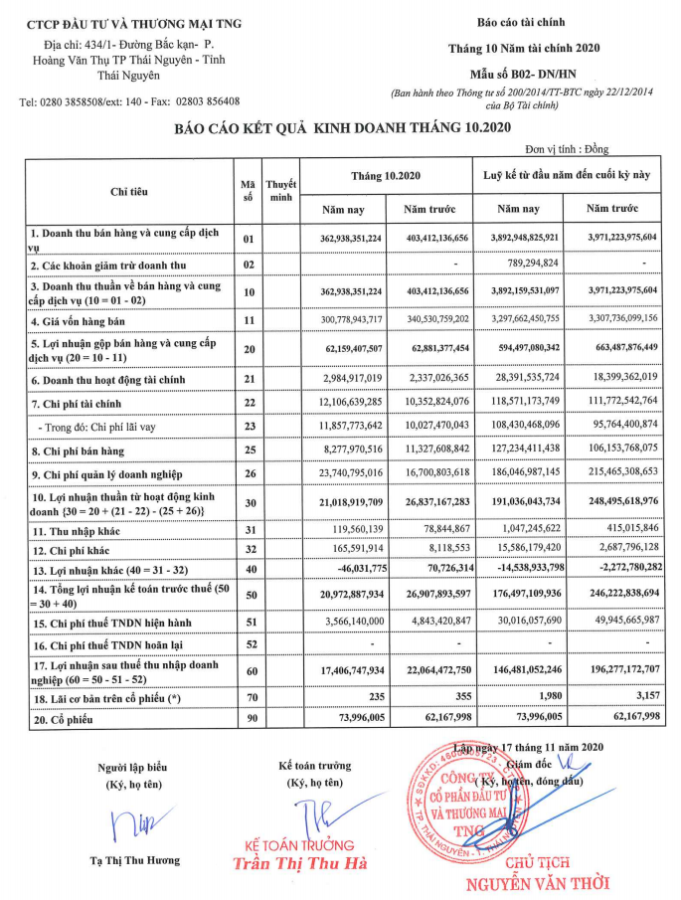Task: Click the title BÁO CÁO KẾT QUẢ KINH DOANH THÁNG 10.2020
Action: tap(341, 127)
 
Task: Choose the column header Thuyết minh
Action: tap(282, 191)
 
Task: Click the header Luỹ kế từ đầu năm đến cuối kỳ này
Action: tap(567, 175)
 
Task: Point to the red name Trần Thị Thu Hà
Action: tap(298, 863)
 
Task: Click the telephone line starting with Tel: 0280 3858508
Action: tap(129, 102)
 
